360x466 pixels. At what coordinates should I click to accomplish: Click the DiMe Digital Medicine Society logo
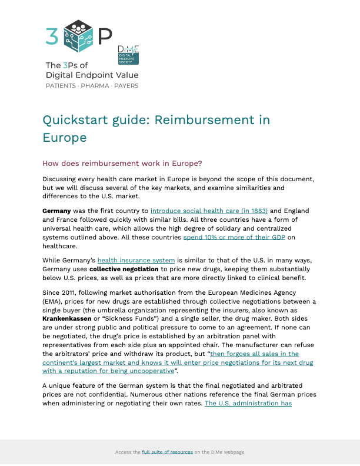pos(128,54)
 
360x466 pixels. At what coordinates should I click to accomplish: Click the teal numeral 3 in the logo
pos(52,36)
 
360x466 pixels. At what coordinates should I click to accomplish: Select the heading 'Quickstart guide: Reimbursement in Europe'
pos(156,128)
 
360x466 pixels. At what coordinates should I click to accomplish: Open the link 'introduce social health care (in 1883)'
pos(209,211)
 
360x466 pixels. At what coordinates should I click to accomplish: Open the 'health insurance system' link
pos(136,259)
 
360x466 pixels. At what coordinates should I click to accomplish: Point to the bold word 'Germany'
pos(56,211)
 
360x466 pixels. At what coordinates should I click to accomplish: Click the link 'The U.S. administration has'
pos(248,403)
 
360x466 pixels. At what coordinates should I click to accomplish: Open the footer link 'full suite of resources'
pos(167,452)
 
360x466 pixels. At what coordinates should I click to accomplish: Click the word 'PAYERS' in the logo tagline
pos(126,86)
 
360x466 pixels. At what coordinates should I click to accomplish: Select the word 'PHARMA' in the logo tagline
pos(95,86)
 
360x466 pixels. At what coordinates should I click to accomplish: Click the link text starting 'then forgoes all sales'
pos(255,354)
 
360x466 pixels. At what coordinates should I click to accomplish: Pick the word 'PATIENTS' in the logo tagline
pos(61,86)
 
